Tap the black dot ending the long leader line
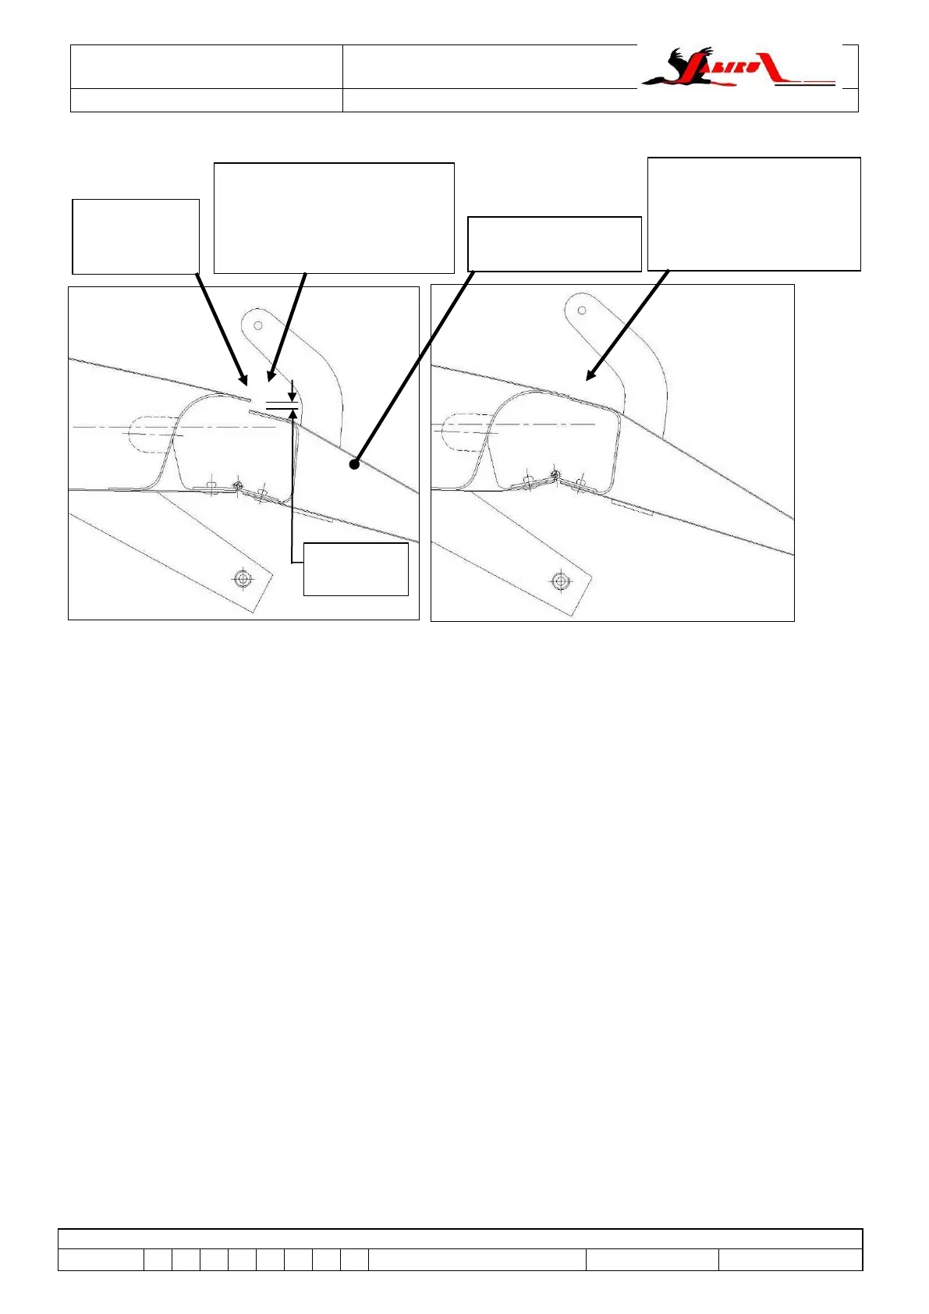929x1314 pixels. (x=354, y=464)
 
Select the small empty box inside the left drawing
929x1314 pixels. (x=356, y=569)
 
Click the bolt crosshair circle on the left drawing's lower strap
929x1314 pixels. (x=243, y=578)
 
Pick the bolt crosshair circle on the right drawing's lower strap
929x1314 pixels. (x=559, y=581)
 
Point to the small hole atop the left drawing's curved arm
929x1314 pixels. (x=258, y=325)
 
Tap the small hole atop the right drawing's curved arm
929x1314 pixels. (x=582, y=311)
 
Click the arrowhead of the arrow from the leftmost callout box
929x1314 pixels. (x=245, y=380)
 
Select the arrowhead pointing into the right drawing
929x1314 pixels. (x=590, y=376)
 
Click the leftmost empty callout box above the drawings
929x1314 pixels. (x=136, y=236)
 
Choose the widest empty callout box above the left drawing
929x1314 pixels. (x=334, y=218)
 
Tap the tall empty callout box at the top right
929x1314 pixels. (x=754, y=214)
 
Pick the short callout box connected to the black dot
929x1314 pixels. (x=554, y=244)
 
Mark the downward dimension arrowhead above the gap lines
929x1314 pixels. (x=292, y=396)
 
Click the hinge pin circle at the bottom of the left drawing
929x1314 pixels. (x=238, y=487)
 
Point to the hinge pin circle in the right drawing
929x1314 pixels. (x=555, y=474)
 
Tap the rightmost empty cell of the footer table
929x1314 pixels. (x=790, y=1259)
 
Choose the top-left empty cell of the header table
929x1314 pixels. (x=207, y=67)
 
